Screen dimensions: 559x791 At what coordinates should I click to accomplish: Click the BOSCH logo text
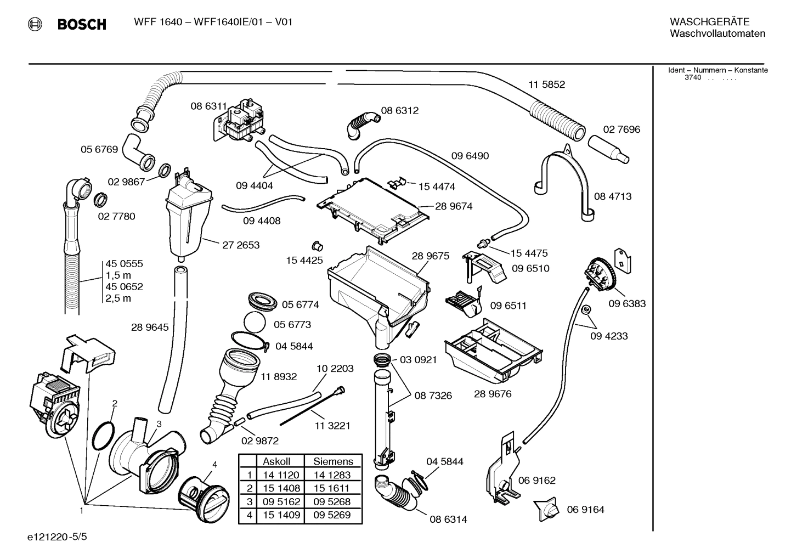pos(81,24)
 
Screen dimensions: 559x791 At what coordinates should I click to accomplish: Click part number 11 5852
pos(546,84)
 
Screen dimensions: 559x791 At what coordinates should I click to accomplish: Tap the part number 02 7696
pos(621,129)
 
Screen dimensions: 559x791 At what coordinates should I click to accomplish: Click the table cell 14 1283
pos(332,475)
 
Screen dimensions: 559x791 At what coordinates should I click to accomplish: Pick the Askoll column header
pos(276,461)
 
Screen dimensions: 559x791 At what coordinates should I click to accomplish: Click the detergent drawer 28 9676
pos(494,351)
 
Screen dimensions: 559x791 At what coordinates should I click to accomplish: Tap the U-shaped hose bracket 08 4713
pos(565,176)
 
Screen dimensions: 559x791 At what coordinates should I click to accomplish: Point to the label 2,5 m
pos(118,298)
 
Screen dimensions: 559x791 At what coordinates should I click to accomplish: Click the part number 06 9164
pos(585,510)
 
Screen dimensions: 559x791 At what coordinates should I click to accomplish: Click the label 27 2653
pos(241,245)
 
